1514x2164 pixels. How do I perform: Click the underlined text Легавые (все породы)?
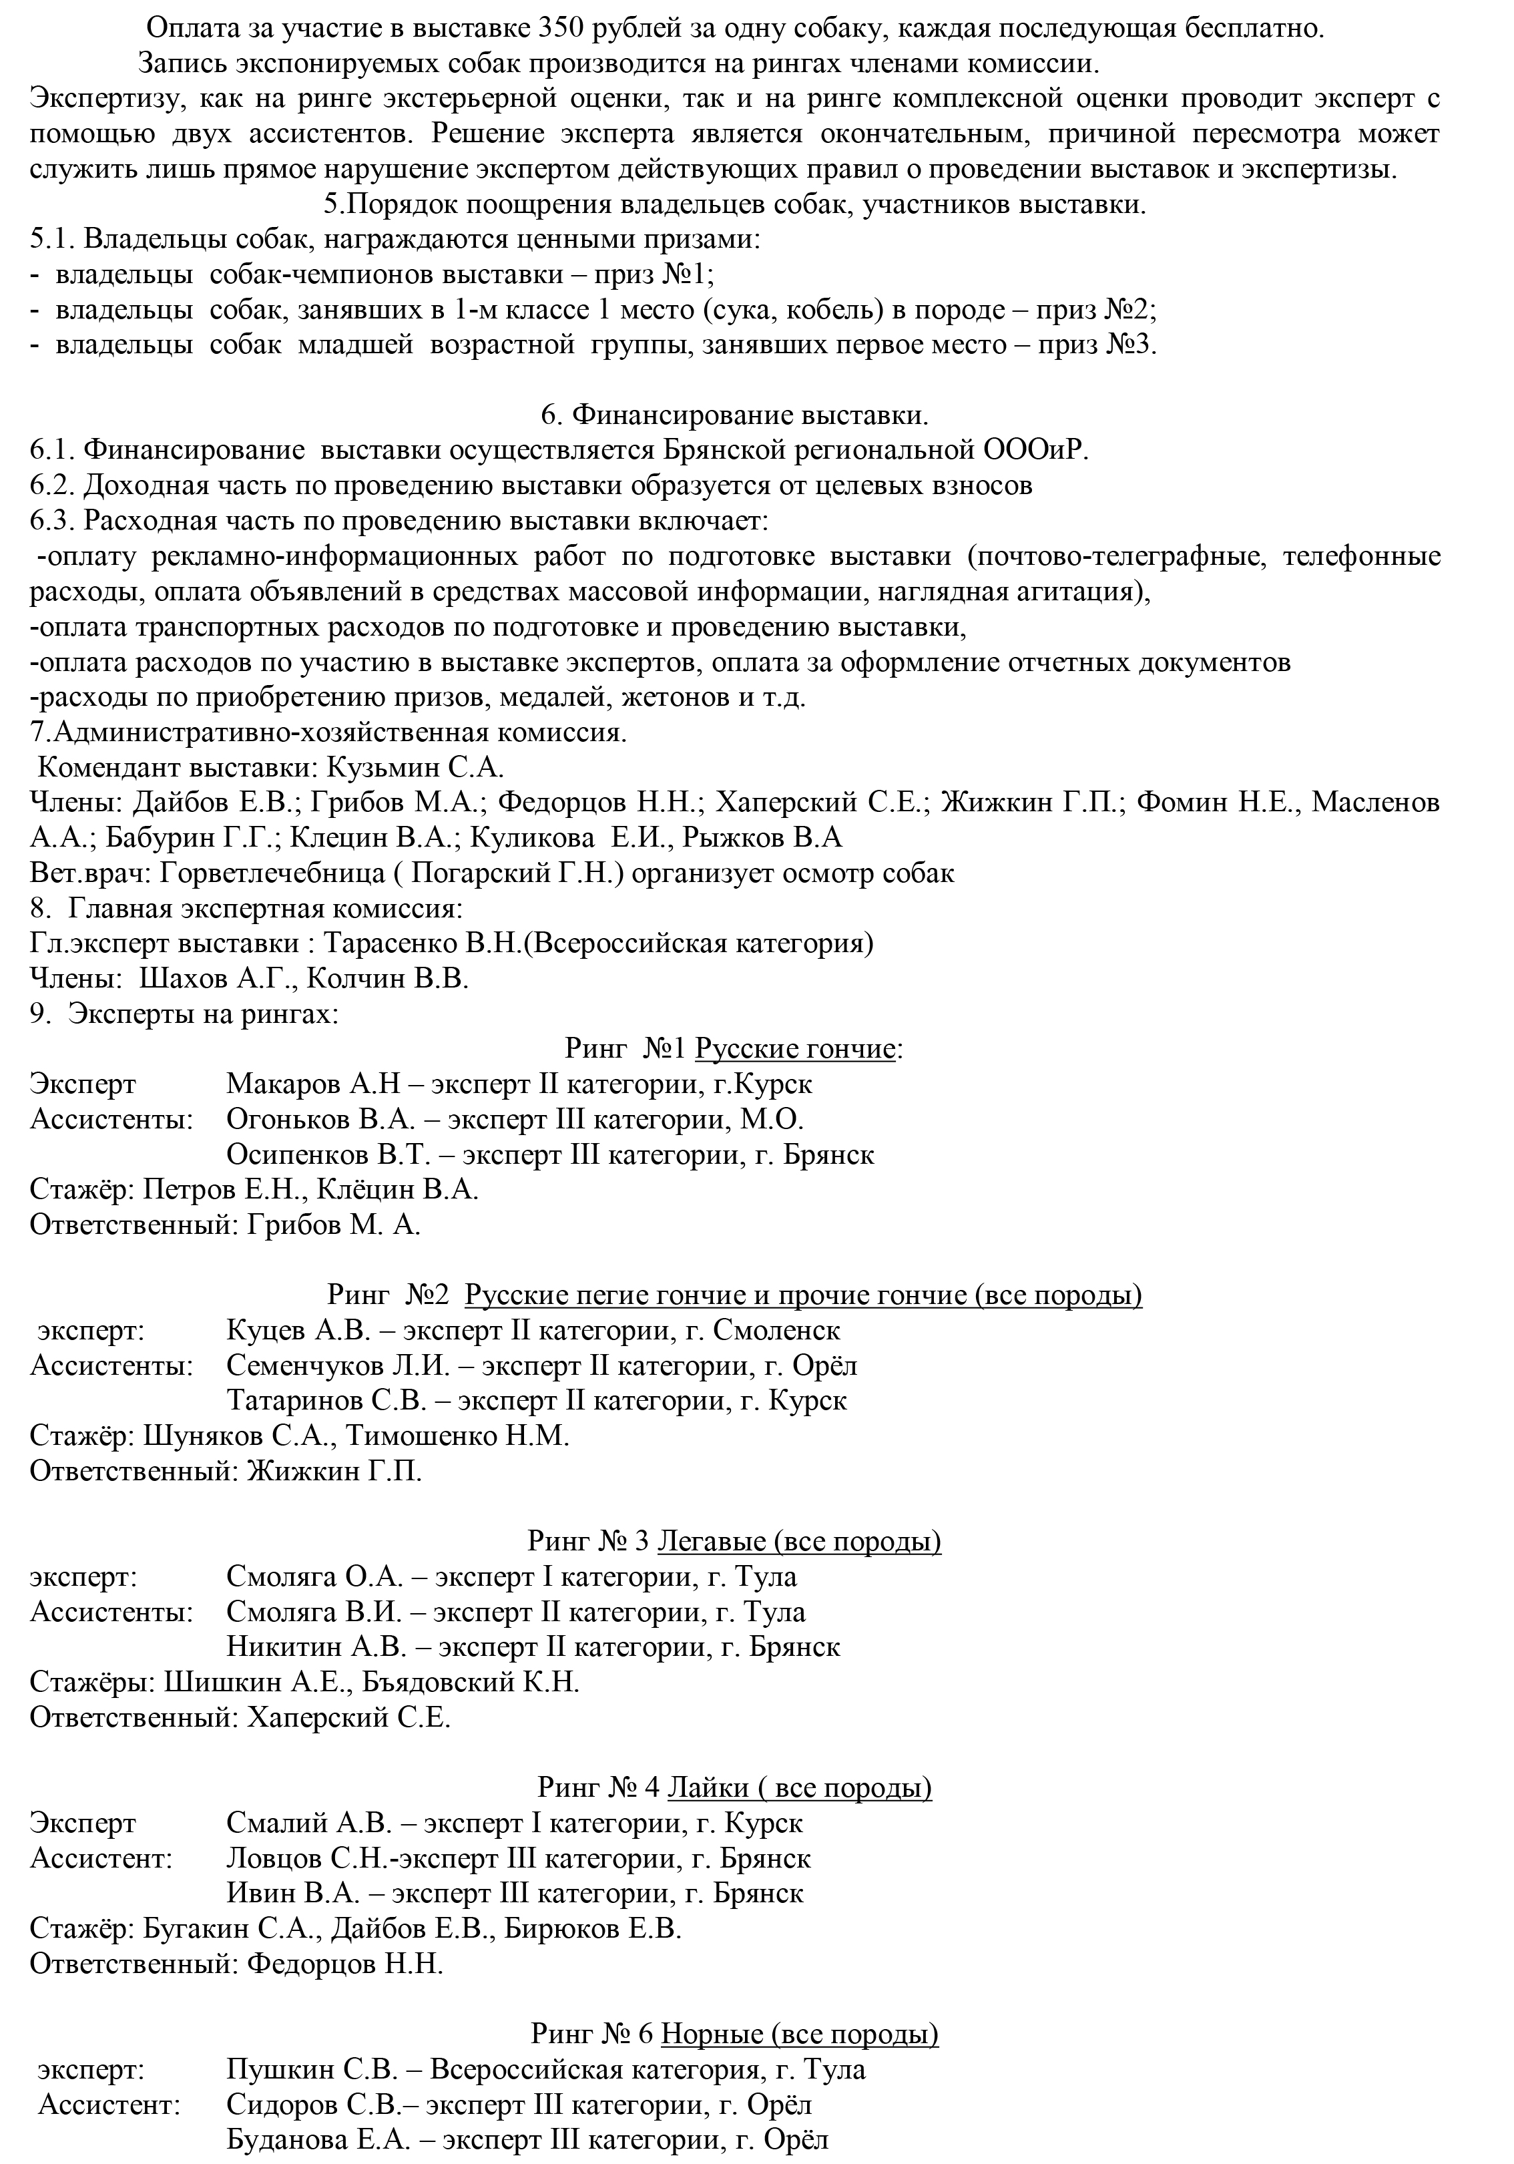pos(799,1541)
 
